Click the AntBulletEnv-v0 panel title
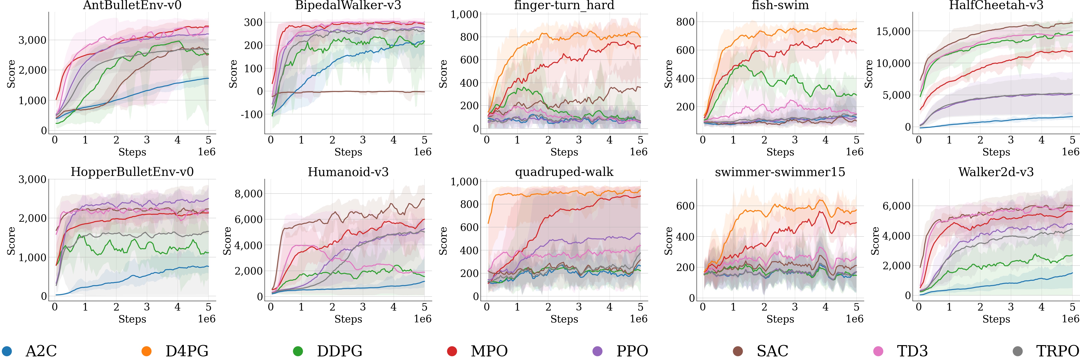132,6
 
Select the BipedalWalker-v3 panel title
348,6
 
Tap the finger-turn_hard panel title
564,6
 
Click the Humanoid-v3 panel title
348,172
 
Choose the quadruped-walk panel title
564,172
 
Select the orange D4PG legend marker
146,351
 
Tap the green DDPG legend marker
298,351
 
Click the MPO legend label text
489,351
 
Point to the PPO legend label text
632,351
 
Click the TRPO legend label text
1057,351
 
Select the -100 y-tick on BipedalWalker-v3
252,114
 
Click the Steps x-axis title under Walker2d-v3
996,319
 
